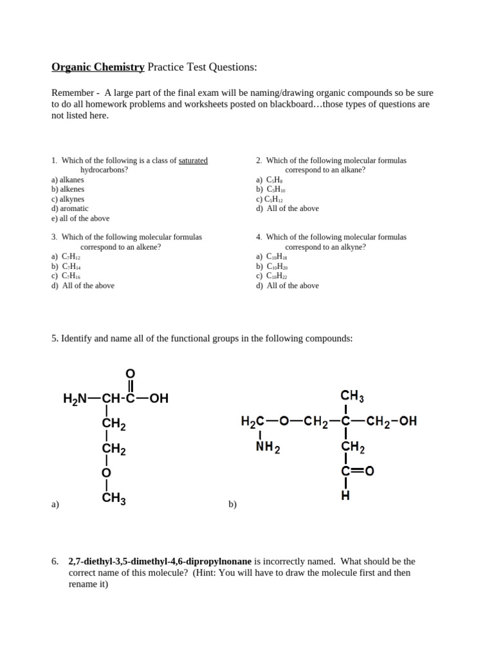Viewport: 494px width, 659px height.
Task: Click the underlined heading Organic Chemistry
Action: tap(98, 67)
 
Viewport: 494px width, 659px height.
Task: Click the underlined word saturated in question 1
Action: tap(193, 160)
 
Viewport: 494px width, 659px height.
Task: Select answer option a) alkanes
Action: tap(68, 180)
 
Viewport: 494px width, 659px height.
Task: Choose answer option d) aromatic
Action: tap(69, 209)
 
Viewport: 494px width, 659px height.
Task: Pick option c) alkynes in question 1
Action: tap(68, 199)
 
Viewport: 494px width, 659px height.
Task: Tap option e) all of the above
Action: tap(80, 218)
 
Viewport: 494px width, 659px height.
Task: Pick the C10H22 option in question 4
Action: tap(277, 276)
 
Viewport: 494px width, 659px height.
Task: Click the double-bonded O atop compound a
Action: tap(129, 373)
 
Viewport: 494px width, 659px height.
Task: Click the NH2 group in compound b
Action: tap(268, 447)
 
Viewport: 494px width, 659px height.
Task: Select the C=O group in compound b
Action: tap(358, 472)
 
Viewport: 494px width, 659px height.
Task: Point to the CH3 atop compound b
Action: tap(352, 396)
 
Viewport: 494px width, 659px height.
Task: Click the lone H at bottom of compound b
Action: tap(345, 497)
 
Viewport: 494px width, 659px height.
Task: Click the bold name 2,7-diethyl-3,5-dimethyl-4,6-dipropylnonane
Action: tap(160, 561)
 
